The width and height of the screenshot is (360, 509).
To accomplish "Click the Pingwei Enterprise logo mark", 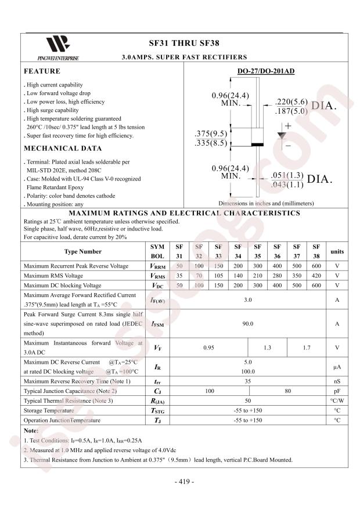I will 57,44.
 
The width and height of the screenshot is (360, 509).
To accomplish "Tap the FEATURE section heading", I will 42,71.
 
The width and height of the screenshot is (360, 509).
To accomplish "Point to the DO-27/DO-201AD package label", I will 266,72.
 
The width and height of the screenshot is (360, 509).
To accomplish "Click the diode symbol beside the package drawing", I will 283,135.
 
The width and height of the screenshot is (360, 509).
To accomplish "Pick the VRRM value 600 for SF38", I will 316,266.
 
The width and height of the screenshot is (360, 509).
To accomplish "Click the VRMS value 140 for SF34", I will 238,276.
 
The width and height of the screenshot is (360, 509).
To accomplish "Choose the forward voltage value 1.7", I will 307,348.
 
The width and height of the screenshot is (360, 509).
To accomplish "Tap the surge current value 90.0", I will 247,324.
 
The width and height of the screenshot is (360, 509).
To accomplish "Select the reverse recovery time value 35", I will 247,381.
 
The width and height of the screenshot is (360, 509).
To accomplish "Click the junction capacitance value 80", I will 287,391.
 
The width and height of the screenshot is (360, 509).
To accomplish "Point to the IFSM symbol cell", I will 157,324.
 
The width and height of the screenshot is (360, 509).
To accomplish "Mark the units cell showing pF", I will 337,391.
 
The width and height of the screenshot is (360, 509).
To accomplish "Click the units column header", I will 337,251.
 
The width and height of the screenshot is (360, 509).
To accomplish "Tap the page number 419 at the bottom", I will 184,481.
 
